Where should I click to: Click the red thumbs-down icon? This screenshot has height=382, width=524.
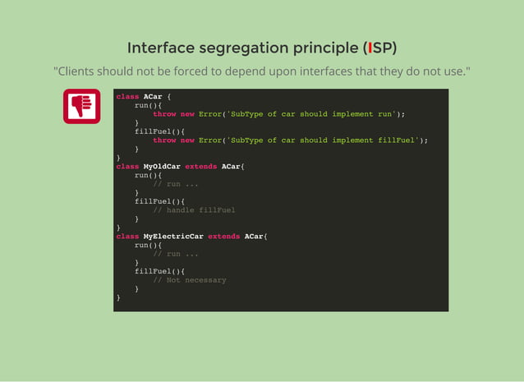(x=81, y=106)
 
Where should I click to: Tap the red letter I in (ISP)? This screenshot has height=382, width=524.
(x=370, y=48)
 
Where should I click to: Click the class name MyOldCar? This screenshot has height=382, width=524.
(x=162, y=167)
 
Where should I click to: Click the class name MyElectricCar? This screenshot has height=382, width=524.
(x=173, y=237)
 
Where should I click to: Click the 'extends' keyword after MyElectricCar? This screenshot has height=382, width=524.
(x=224, y=237)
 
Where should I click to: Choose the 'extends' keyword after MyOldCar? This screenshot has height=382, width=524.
(x=201, y=167)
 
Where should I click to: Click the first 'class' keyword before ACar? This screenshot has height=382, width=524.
(x=127, y=97)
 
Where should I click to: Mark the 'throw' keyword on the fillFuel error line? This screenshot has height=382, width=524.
(x=164, y=140)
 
